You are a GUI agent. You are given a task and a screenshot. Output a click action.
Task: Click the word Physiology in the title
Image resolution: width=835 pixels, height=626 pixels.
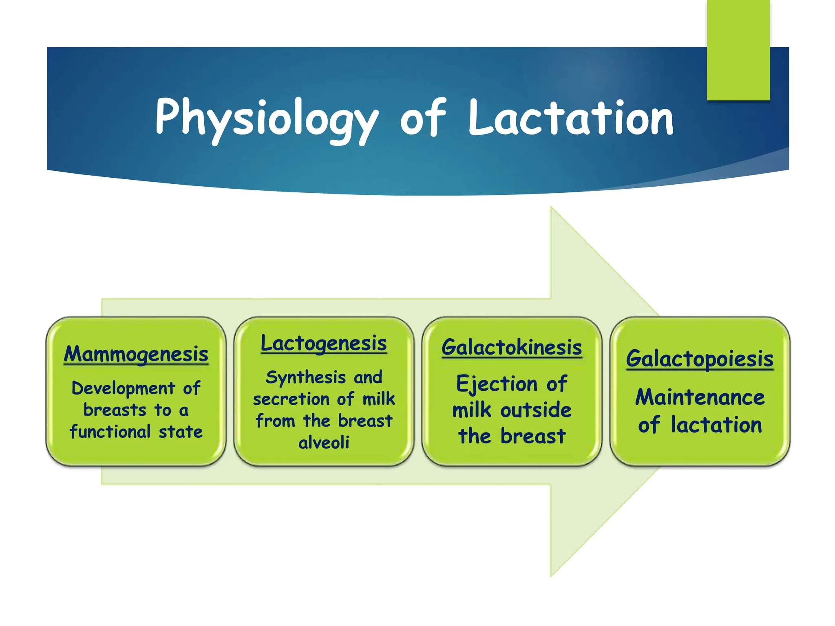coord(267,118)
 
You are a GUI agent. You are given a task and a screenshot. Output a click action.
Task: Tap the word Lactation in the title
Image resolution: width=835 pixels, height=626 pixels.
coord(571,118)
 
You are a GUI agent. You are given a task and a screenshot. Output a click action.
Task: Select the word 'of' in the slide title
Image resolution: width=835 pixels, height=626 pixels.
coord(423,118)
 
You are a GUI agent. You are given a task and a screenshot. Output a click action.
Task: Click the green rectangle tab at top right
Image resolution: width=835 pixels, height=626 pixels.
coord(738,49)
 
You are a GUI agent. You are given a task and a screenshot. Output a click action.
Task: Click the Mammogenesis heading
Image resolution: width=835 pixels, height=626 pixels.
coord(136,354)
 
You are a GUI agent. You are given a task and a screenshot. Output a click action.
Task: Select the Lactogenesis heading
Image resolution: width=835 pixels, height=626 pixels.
coord(324,343)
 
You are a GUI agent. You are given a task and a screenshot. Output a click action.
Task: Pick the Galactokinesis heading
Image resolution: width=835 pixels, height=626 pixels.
coord(512,347)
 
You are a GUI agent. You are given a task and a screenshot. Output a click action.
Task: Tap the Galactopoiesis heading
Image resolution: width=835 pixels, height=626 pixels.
coord(700,359)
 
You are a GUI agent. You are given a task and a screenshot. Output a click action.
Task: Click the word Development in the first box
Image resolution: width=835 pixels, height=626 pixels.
coord(123,388)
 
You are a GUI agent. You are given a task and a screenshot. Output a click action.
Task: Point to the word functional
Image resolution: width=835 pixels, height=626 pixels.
coord(110,432)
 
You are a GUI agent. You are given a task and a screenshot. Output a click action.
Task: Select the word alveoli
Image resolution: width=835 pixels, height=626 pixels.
coord(324,442)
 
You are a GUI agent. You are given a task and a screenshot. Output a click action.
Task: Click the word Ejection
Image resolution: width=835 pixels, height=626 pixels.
coord(497,384)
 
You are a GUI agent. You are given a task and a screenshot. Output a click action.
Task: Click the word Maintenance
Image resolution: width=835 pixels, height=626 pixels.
coord(700,397)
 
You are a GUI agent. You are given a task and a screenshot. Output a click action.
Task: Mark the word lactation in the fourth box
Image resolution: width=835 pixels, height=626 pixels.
coord(716,425)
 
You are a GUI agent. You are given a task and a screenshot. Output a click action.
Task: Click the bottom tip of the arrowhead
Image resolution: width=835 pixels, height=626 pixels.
coord(551,575)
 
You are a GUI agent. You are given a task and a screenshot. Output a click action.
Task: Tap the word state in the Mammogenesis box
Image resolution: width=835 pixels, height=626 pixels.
coord(181,432)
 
